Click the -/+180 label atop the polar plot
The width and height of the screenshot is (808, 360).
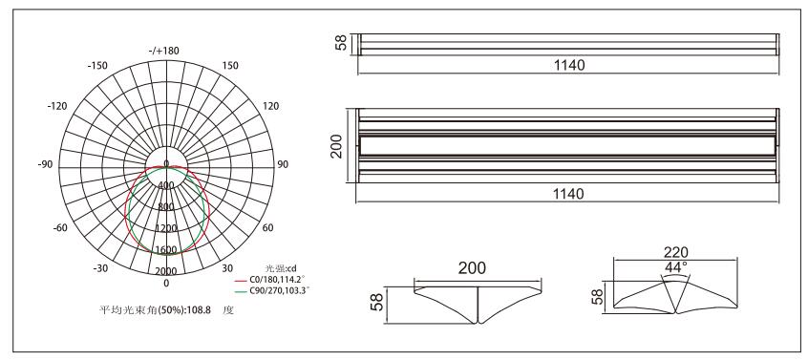point(163,51)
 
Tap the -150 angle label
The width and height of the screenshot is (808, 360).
point(97,65)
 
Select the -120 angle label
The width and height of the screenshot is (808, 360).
point(57,106)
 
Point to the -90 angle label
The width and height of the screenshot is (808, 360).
point(45,164)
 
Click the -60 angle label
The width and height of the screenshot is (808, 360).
point(60,227)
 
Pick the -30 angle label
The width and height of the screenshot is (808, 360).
point(100,268)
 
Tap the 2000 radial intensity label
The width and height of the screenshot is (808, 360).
point(166,271)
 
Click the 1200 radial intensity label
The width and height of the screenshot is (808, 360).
point(166,228)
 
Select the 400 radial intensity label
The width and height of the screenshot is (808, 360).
point(166,185)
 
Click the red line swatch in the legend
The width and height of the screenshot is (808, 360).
point(241,280)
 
